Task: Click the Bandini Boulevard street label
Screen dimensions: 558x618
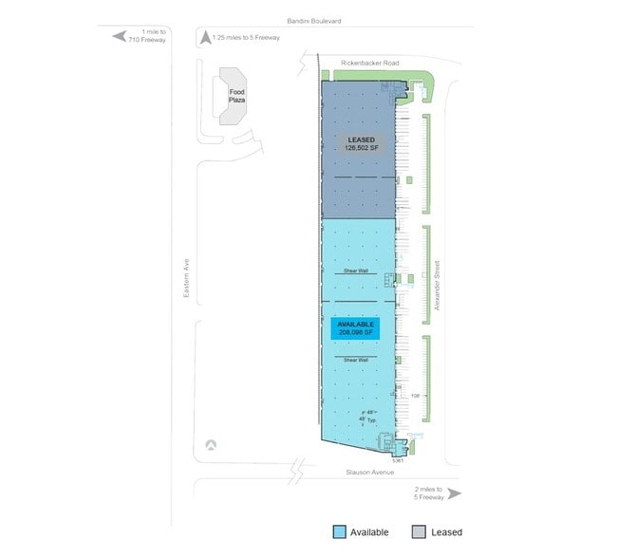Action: click(x=315, y=20)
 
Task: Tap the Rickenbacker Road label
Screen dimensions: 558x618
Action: click(x=371, y=64)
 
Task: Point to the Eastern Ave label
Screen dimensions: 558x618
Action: click(x=186, y=282)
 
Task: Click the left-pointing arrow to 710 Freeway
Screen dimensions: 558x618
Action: click(x=120, y=36)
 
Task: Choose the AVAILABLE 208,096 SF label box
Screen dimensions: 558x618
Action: click(x=356, y=327)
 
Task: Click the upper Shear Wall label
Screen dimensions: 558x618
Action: click(x=356, y=271)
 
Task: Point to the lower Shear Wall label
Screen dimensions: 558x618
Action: click(x=356, y=361)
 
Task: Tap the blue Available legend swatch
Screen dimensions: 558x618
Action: click(x=339, y=532)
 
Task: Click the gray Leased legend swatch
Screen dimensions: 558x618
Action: click(x=419, y=532)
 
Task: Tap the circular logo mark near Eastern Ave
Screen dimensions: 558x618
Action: click(x=209, y=444)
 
